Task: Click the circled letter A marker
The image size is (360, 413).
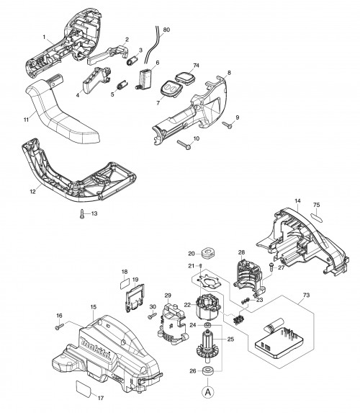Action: [x=208, y=391]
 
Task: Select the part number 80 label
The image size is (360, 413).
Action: [x=166, y=30]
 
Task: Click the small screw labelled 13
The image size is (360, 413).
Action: [x=82, y=213]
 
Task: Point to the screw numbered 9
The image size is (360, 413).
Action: [x=227, y=125]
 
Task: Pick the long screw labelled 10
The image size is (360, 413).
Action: [x=184, y=145]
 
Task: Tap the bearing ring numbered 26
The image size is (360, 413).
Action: [x=207, y=370]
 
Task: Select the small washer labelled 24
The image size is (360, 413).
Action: [x=207, y=324]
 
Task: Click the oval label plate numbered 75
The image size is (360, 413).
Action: [x=318, y=217]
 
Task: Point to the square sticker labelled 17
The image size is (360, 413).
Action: [x=84, y=388]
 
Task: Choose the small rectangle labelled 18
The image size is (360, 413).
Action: [x=125, y=285]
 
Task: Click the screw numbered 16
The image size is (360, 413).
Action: [x=59, y=327]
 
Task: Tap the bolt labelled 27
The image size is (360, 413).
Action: [x=271, y=267]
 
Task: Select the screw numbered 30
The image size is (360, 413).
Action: [x=152, y=315]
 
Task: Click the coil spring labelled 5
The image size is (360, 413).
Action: [x=122, y=85]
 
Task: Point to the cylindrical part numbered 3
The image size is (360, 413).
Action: [x=132, y=61]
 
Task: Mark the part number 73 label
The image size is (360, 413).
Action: [x=306, y=296]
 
